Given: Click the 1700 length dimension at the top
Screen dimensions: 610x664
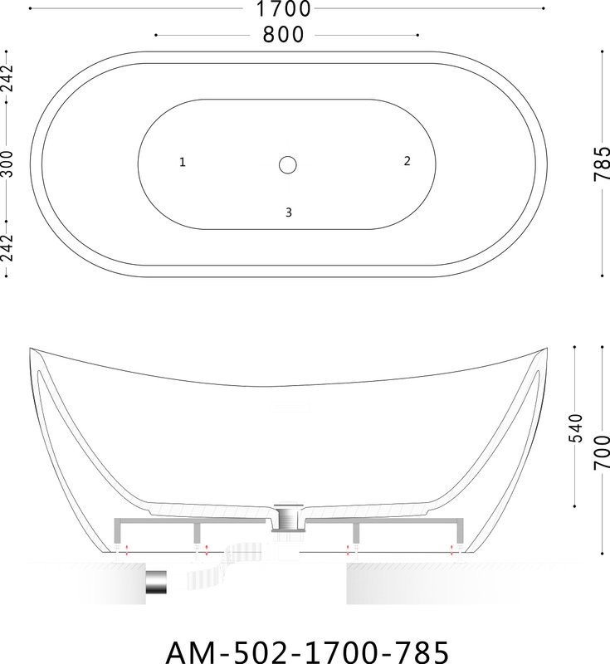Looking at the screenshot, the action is click(x=284, y=9).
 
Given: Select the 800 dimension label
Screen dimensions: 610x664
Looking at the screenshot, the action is click(x=283, y=35).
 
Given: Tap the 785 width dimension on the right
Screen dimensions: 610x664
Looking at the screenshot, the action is click(x=602, y=164).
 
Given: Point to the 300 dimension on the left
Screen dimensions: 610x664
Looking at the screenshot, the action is click(x=7, y=164).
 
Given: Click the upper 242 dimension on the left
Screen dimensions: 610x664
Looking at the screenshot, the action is click(x=7, y=78).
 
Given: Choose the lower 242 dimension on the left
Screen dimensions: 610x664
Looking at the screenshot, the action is click(x=7, y=248).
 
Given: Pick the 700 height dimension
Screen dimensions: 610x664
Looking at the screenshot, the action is click(x=602, y=452).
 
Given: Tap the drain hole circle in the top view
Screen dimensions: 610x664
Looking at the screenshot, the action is click(x=288, y=164).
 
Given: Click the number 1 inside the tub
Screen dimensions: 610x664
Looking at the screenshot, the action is click(x=183, y=162).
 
